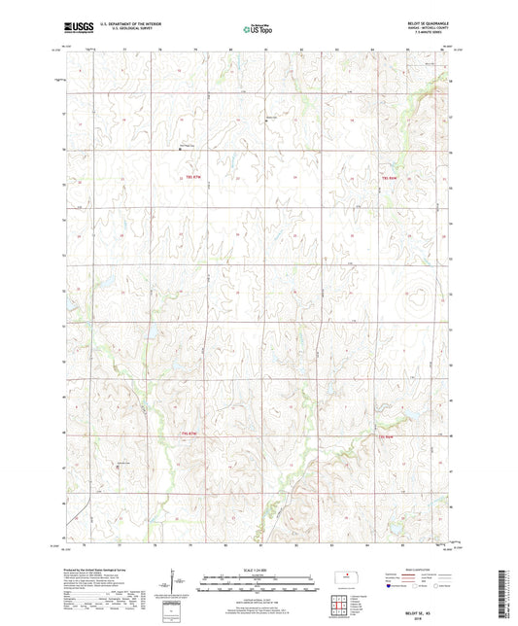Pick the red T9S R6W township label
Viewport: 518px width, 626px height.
pyautogui.click(x=386, y=436)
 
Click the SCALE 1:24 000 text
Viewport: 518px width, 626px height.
pyautogui.click(x=259, y=569)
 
